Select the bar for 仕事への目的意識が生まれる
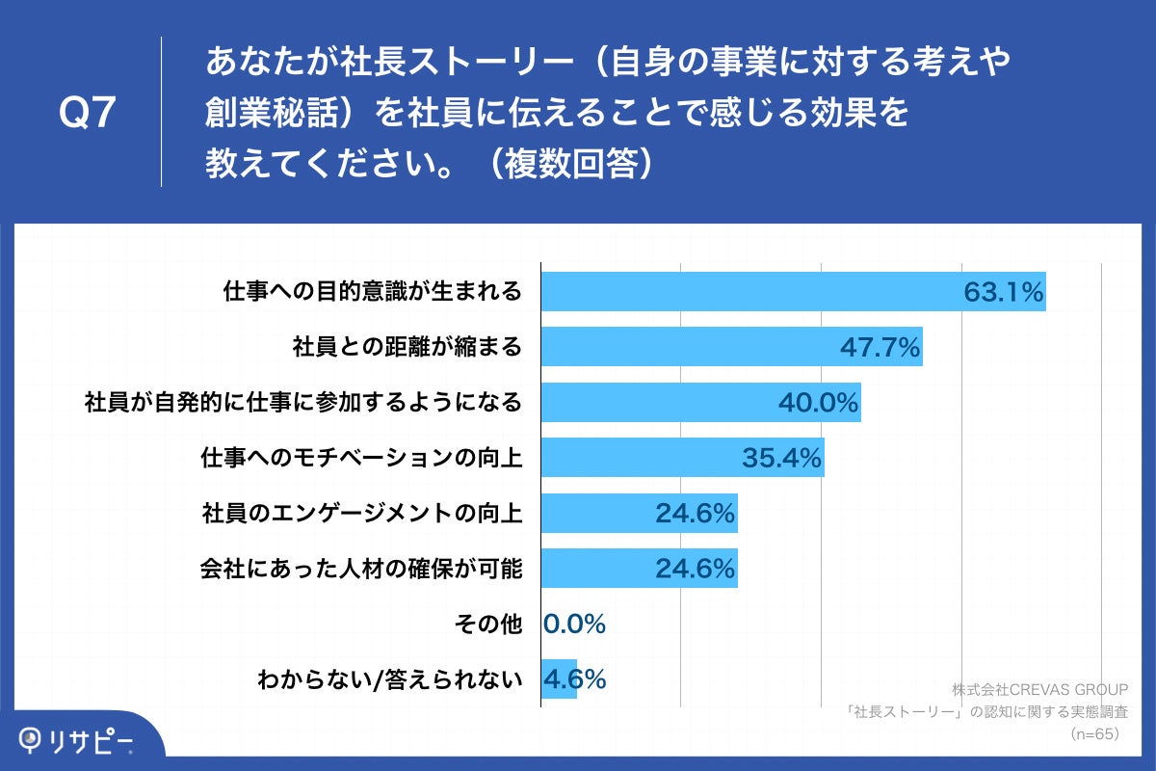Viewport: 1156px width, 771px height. (x=751, y=291)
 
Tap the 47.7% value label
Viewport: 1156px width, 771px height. (x=880, y=347)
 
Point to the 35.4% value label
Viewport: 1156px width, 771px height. (x=782, y=458)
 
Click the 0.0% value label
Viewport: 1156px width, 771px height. (x=575, y=625)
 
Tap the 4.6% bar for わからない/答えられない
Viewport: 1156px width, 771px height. (x=559, y=679)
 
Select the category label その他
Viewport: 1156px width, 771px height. (x=487, y=625)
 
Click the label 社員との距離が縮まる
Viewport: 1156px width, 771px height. (x=407, y=347)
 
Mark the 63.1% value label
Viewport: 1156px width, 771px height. (x=1004, y=291)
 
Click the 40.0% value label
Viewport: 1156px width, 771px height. (x=818, y=403)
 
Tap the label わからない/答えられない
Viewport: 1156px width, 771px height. (x=389, y=679)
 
